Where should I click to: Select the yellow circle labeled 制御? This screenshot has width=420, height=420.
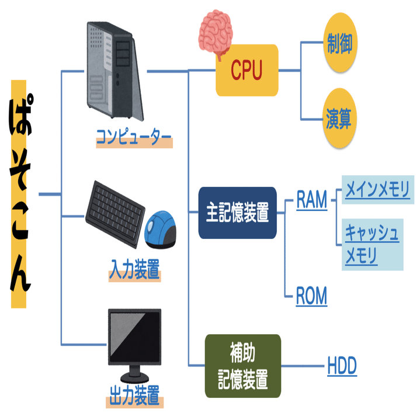341,44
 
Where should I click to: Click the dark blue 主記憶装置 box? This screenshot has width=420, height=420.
237,213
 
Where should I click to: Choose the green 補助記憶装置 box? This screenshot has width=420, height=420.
243,366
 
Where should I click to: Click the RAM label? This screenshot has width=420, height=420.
311,200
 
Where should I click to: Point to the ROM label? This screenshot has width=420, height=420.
311,297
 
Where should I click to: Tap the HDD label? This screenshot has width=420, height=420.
342,367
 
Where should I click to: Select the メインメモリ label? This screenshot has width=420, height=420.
377,190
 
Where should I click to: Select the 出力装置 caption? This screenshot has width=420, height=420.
134,397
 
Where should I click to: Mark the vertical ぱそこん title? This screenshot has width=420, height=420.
19,193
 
